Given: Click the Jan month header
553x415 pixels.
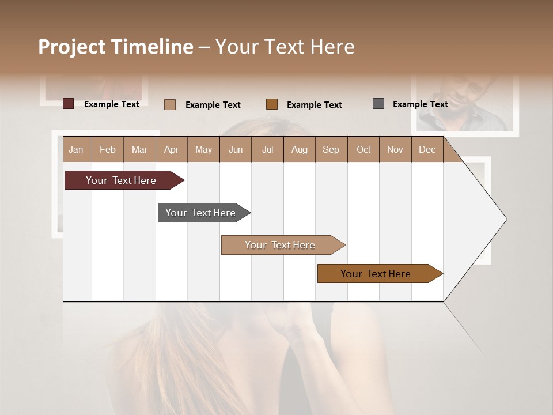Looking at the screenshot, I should tap(76, 149).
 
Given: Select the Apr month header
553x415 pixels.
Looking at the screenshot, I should tap(171, 149).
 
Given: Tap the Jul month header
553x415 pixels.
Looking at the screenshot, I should tap(267, 149).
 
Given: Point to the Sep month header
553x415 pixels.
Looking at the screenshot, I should tap(331, 149).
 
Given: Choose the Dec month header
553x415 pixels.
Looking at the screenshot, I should tap(427, 149).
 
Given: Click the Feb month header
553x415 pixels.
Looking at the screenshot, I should tap(108, 149).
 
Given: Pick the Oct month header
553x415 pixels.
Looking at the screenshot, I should tap(363, 149).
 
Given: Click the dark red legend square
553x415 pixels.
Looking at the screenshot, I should tap(68, 104).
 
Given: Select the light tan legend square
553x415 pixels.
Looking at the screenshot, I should tap(169, 104).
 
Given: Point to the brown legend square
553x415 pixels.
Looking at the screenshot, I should tap(272, 104).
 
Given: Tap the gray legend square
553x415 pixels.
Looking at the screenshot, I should tap(378, 104).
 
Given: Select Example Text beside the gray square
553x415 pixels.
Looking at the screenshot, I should tap(420, 104).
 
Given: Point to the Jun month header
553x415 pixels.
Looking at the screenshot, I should tap(236, 149).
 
